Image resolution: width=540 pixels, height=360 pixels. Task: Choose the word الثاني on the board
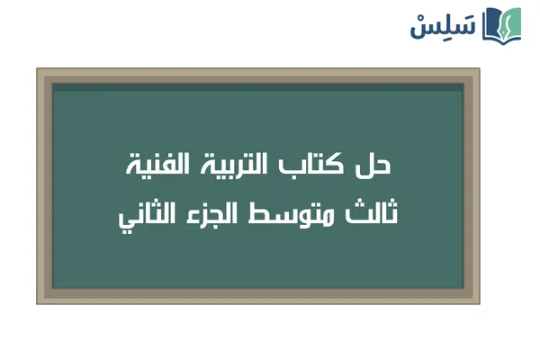(150, 216)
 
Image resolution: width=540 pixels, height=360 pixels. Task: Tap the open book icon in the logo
(501, 25)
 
